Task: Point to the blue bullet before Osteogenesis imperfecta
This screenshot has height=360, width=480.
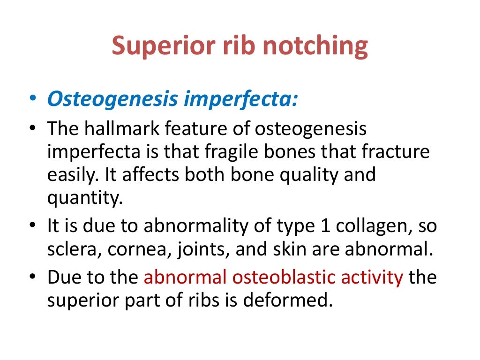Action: pyautogui.click(x=32, y=100)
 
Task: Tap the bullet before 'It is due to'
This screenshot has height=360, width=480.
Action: pyautogui.click(x=32, y=226)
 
